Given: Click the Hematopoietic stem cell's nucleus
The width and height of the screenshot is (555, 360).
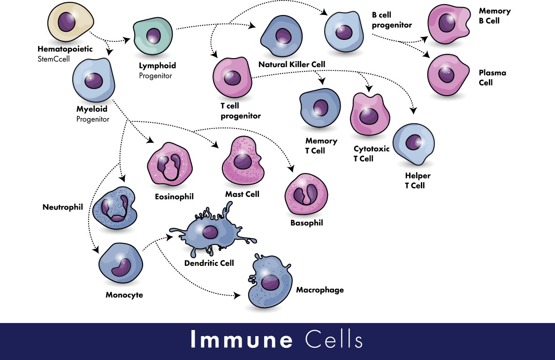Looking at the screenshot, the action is tap(67, 21).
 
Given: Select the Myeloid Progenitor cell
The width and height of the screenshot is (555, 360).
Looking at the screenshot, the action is tap(93, 80).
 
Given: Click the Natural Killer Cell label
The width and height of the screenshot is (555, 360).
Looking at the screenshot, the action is tap(292, 64).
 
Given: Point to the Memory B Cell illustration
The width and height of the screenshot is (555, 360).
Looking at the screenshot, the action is tap(449, 24).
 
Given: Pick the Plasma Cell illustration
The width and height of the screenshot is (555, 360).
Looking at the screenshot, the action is tap(448, 75).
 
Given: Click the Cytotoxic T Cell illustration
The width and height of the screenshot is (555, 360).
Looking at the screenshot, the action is tap(370, 114).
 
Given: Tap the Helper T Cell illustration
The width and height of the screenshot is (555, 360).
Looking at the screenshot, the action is tap(413, 144).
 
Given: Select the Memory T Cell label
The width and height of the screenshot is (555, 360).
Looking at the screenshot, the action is tap(321, 146).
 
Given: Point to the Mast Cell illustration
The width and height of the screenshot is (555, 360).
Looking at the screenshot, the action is tap(243, 161).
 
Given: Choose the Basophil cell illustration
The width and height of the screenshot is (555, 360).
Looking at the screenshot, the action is tap(306, 194).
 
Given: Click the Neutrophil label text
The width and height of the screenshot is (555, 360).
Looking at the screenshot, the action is tap(63, 207).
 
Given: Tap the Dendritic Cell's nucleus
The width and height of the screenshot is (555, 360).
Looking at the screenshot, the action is tap(210, 232).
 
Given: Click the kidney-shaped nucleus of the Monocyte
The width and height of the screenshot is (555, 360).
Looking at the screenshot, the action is tap(121, 267).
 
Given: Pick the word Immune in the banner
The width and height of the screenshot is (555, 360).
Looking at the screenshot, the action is tap(242, 339).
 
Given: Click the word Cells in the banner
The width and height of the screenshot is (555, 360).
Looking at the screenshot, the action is tap(334, 339).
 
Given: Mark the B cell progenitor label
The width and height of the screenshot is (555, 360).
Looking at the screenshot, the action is tap(392, 20).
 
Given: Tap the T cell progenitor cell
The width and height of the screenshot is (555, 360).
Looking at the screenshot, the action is tap(232, 78).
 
